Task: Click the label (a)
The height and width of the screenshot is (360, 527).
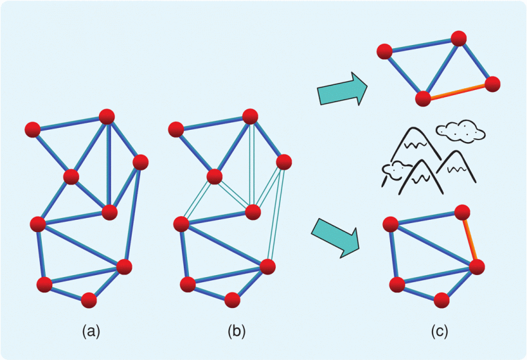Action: pos(91,332)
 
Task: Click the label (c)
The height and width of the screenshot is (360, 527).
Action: pos(439,332)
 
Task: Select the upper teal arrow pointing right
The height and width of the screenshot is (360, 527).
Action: pos(341,89)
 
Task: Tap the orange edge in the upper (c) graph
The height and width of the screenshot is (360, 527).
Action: pos(458,91)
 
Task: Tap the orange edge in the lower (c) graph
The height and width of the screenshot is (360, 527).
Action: pos(470,239)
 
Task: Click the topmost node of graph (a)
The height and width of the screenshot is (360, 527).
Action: pos(107,116)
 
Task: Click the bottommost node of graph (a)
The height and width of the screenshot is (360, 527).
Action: pos(89,300)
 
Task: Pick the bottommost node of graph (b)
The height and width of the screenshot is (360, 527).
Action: pos(233,300)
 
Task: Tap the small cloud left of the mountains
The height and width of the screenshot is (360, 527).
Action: pos(396,170)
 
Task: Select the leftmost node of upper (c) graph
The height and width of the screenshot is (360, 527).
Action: pos(385,52)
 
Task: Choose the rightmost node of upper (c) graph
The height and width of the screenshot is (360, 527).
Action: pos(492,84)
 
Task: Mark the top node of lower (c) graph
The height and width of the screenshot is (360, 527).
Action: pos(462,212)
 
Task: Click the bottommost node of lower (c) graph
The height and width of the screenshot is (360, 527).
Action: pos(441,300)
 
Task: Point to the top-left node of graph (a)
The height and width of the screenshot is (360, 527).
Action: pos(32,130)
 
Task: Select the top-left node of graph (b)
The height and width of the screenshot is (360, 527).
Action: pos(176,130)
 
